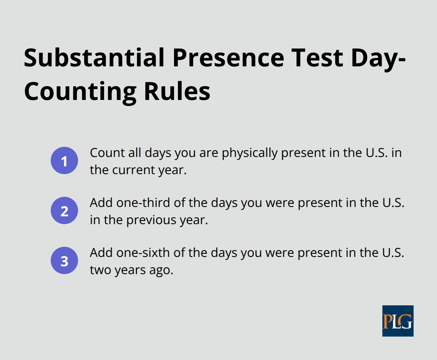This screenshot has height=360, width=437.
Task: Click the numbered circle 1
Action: (x=64, y=161)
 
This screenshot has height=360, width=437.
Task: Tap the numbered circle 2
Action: (x=64, y=211)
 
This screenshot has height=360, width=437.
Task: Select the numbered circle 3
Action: (x=64, y=261)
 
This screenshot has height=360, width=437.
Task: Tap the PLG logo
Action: (x=398, y=321)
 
